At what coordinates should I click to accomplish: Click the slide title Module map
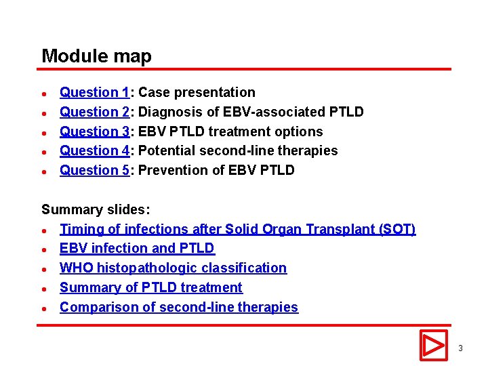(x=96, y=56)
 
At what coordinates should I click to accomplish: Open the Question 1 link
(x=94, y=93)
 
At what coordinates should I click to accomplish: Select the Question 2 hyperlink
(x=94, y=112)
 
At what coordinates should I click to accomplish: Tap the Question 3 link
(x=94, y=131)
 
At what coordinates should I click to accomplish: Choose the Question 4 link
(x=94, y=150)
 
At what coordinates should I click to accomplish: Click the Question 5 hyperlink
(x=94, y=170)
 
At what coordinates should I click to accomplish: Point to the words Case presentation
(x=197, y=93)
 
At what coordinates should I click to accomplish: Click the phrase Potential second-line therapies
(x=237, y=150)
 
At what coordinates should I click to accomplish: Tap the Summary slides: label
(x=96, y=210)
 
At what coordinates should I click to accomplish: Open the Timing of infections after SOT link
(x=237, y=230)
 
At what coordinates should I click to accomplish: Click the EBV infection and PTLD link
(x=137, y=249)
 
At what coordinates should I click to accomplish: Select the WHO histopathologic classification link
(x=173, y=268)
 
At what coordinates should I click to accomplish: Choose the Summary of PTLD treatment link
(x=150, y=287)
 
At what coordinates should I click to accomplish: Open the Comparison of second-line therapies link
(x=178, y=307)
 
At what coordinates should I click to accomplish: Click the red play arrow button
(x=433, y=345)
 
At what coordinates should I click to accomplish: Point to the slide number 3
(x=460, y=348)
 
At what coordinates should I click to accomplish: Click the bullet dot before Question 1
(x=43, y=94)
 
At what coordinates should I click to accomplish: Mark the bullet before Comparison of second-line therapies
(x=43, y=308)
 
